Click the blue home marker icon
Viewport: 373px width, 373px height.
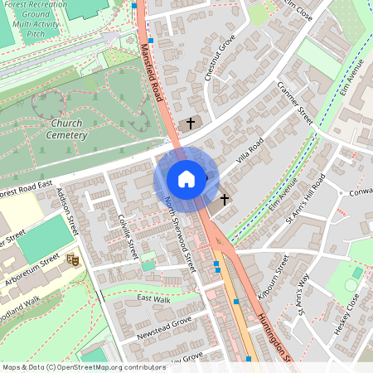pyautogui.click(x=186, y=179)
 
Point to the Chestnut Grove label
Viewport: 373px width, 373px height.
pyautogui.click(x=220, y=58)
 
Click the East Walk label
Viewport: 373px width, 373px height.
pyautogui.click(x=153, y=298)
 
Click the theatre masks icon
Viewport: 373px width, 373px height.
pyautogui.click(x=71, y=259)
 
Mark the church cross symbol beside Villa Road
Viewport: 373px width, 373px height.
pyautogui.click(x=224, y=200)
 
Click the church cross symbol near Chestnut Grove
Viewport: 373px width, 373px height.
pyautogui.click(x=191, y=124)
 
